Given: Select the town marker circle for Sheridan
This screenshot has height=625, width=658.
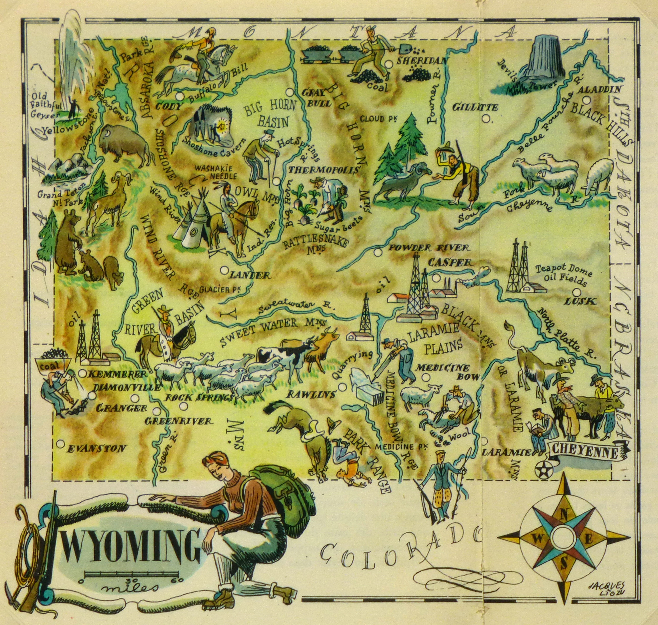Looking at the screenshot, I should [x=388, y=64].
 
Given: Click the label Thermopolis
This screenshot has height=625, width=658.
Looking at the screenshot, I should [x=324, y=170].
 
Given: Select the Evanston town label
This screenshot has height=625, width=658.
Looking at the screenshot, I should [x=96, y=449].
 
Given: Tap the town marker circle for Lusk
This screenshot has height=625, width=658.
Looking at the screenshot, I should [x=577, y=292].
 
